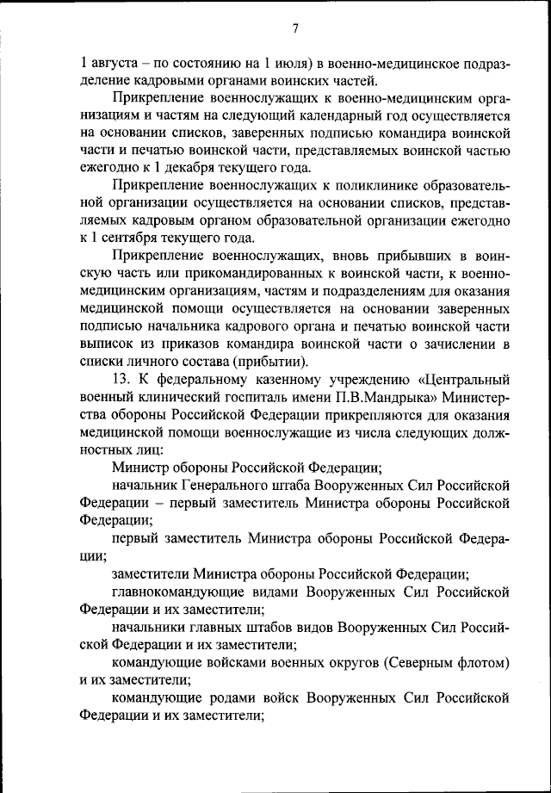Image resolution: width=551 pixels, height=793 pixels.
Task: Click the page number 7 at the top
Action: [x=294, y=28]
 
